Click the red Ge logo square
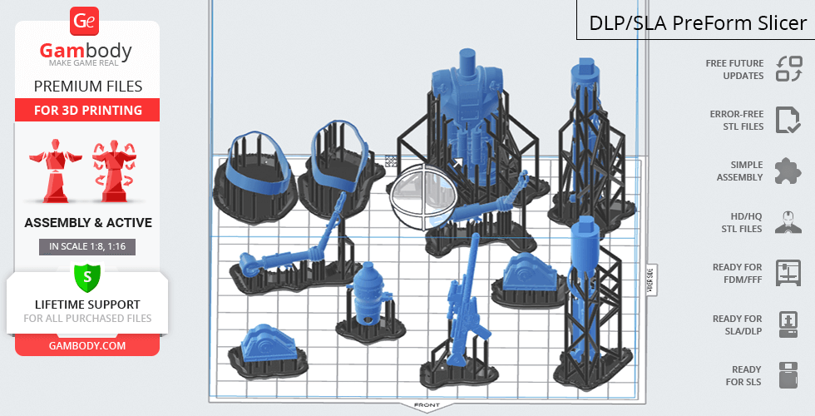(84, 22)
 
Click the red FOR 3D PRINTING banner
(87, 110)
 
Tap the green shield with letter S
(87, 277)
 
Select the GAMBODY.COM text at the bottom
(87, 346)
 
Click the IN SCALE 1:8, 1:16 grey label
(87, 246)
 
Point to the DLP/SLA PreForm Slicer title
(698, 23)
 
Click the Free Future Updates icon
(789, 69)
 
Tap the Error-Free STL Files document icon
(788, 120)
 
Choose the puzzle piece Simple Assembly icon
(788, 171)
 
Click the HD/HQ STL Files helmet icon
(788, 222)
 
